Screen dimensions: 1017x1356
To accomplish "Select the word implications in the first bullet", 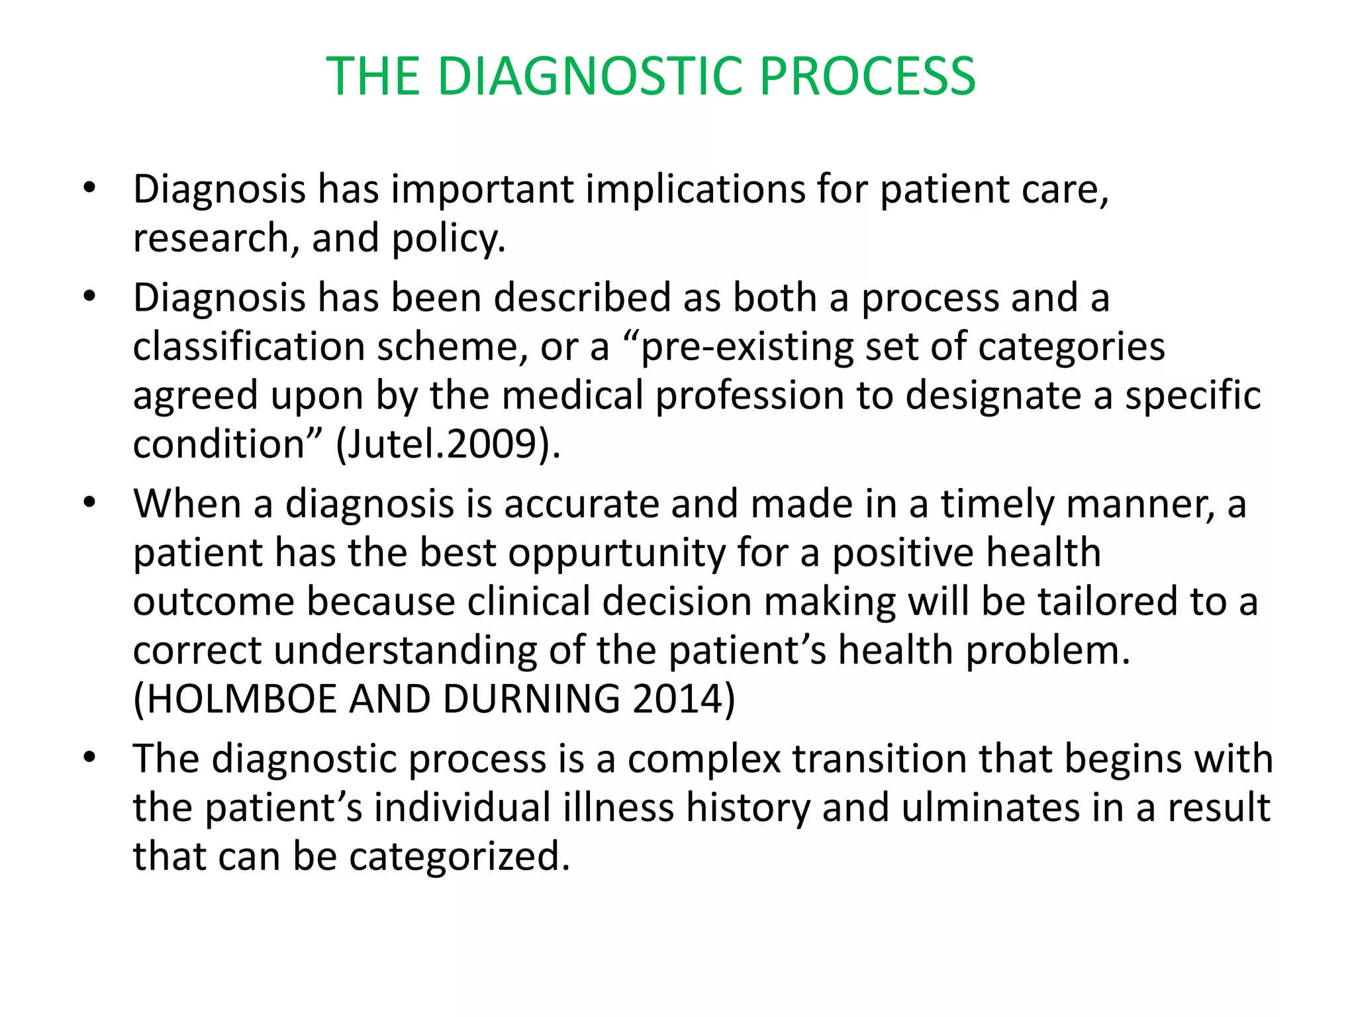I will pos(695,189).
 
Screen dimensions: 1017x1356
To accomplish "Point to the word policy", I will pos(448,238).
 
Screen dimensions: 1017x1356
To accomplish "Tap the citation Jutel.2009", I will pos(441,444).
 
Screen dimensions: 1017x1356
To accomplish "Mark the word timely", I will pos(997,504).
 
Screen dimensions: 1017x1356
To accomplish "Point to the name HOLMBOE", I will pos(242,699).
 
